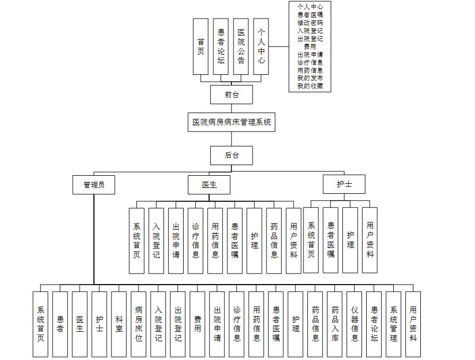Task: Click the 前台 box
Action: (x=231, y=95)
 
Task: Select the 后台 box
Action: (x=231, y=155)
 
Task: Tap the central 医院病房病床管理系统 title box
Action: (x=231, y=122)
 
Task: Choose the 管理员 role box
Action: (x=94, y=185)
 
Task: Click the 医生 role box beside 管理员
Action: (x=209, y=185)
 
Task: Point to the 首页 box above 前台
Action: (x=201, y=47)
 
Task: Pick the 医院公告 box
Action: (x=241, y=47)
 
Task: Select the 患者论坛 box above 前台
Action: (x=221, y=47)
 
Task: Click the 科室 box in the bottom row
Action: (x=119, y=324)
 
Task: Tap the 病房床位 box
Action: (x=139, y=324)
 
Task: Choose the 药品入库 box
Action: (x=335, y=324)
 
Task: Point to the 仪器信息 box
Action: (x=355, y=324)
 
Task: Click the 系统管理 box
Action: (x=393, y=324)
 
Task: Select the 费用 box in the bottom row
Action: (x=197, y=324)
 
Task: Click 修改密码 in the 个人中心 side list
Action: (x=310, y=23)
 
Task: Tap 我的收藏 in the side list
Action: (x=310, y=86)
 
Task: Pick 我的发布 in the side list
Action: (x=310, y=78)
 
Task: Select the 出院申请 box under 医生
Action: (x=176, y=241)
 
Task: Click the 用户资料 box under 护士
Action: (x=370, y=240)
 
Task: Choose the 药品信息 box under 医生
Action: (x=274, y=241)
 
